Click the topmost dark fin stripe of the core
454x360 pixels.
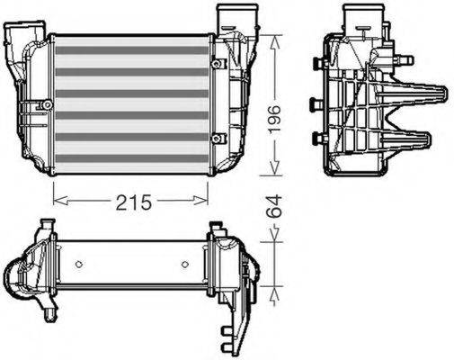click(130, 50)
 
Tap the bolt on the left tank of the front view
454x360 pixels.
click(41, 107)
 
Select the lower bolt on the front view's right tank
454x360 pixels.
click(217, 137)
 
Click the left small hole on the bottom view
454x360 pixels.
click(79, 264)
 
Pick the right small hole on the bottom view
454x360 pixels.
click(184, 264)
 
